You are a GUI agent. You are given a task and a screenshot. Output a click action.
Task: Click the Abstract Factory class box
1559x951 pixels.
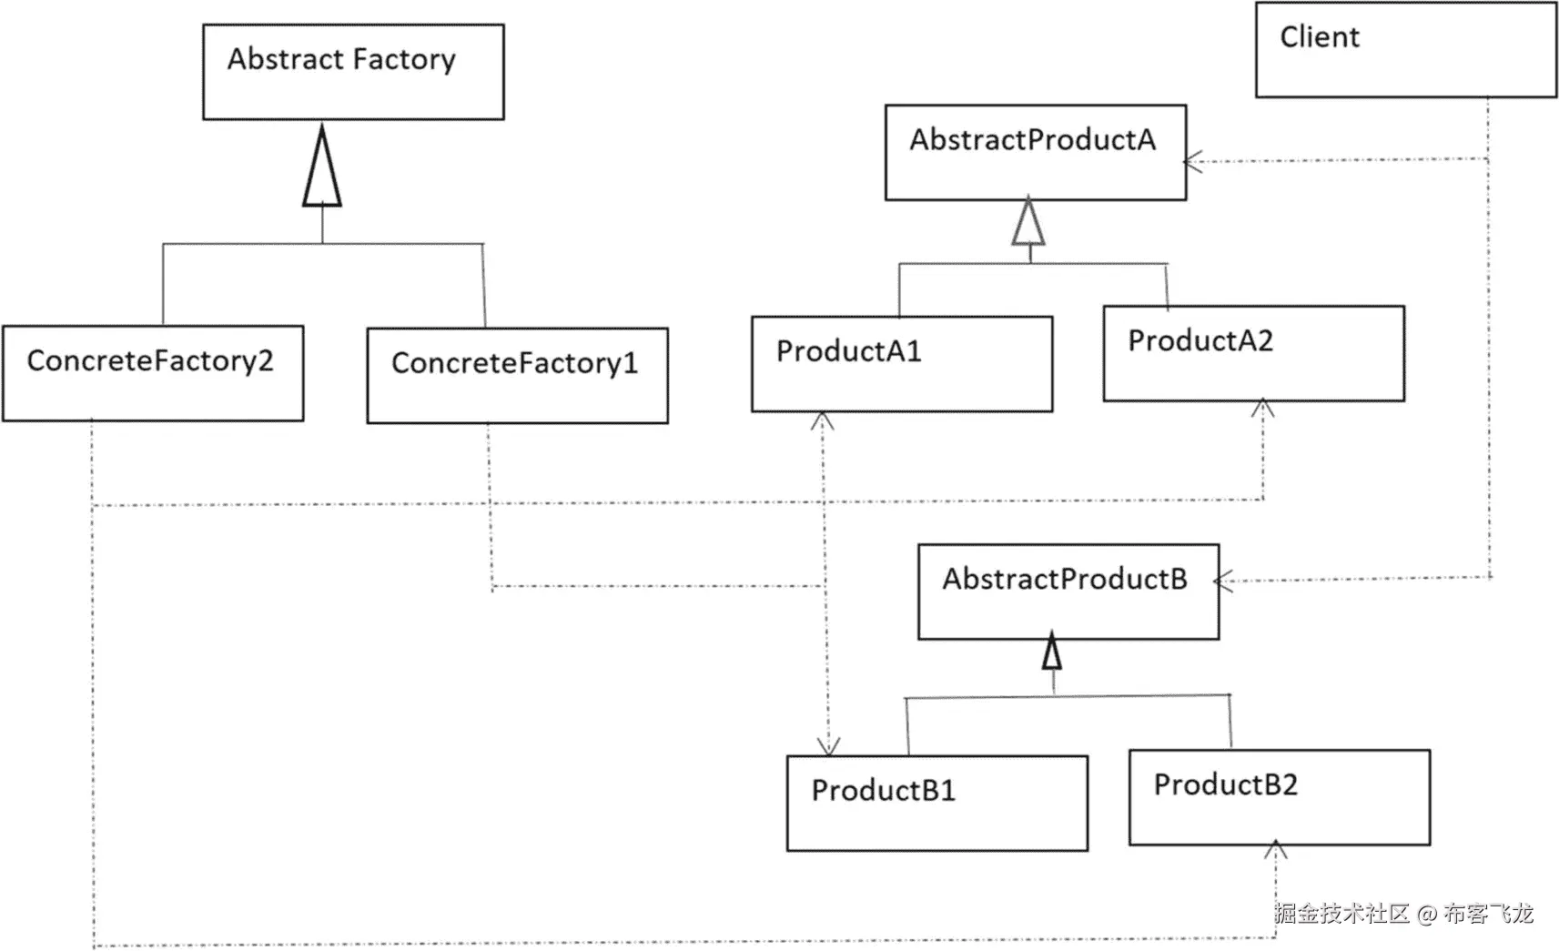353,72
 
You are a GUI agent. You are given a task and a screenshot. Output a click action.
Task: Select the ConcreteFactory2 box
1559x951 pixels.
153,373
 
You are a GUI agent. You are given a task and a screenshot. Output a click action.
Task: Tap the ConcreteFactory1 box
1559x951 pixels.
517,375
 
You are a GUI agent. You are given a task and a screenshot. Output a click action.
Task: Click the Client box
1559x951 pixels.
1405,50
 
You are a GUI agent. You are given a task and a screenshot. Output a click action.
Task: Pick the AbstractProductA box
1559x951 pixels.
1035,152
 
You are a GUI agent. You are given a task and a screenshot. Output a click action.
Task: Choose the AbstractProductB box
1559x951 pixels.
1068,592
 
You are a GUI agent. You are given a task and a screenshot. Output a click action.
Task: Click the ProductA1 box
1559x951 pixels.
901,364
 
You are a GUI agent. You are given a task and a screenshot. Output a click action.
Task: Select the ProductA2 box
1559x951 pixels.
1253,353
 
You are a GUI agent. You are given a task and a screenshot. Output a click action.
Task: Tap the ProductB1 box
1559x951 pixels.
936,803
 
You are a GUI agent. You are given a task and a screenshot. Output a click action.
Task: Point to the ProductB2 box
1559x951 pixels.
1279,797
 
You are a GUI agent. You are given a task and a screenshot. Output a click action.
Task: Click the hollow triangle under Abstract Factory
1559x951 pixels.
322,169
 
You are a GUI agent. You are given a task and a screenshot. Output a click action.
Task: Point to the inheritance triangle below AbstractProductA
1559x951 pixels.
1028,223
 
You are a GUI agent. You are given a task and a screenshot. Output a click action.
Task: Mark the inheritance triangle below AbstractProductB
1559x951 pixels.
1052,651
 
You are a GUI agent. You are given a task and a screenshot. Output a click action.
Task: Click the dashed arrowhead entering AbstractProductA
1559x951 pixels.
1192,162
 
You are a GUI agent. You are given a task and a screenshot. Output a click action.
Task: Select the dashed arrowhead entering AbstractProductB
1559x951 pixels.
1224,581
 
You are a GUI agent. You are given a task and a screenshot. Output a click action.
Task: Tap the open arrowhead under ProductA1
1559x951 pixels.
823,420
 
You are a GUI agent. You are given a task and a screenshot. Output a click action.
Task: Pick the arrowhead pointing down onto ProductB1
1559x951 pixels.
828,746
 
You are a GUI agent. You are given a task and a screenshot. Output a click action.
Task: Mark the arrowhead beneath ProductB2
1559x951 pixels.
1275,850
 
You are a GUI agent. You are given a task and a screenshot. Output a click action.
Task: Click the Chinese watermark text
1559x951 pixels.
1403,913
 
